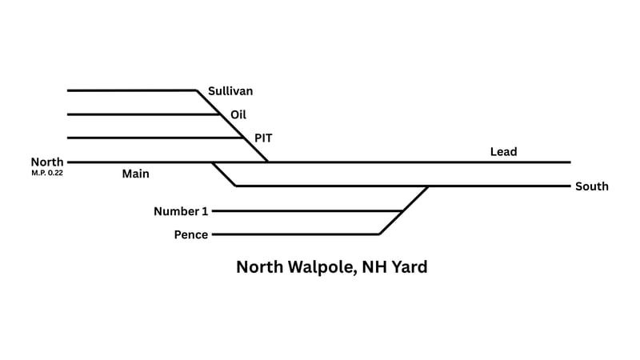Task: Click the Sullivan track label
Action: click(230, 91)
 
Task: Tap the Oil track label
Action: click(238, 114)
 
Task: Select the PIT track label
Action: click(264, 138)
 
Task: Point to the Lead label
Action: click(504, 152)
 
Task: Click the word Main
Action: click(136, 173)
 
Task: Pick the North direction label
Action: click(47, 162)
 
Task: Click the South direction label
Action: click(592, 186)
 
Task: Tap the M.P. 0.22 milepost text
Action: click(47, 172)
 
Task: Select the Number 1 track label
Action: click(181, 211)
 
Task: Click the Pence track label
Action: click(191, 234)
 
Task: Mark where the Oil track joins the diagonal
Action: click(221, 114)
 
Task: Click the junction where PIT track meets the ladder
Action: click(244, 138)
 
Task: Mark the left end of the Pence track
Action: click(214, 234)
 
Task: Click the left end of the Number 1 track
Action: click(214, 211)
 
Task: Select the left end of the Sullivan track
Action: click(68, 90)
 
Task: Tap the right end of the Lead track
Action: click(570, 162)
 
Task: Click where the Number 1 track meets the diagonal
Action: click(402, 211)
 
